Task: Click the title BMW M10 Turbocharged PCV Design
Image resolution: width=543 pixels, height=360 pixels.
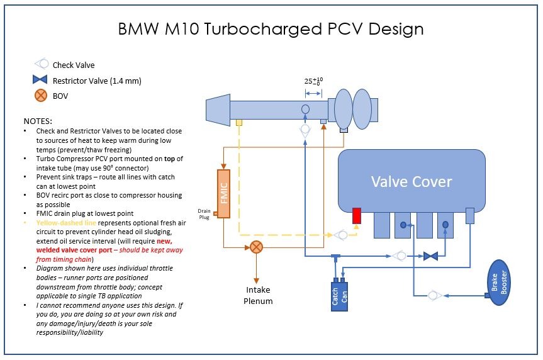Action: pos(271,29)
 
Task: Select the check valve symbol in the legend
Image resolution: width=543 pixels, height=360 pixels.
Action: pos(41,64)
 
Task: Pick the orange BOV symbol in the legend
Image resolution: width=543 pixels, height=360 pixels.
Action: pos(41,96)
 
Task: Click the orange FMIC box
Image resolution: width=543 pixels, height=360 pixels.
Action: pos(225,194)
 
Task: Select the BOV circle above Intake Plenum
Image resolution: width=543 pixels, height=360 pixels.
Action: pos(256,247)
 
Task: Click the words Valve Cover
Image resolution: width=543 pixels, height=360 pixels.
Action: pos(411,182)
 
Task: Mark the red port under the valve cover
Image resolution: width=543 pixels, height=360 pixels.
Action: pos(356,216)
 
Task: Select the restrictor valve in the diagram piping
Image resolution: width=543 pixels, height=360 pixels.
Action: pos(430,256)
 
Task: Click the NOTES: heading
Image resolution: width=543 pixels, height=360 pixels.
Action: pos(38,120)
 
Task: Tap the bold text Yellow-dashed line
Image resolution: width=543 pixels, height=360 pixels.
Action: pos(64,222)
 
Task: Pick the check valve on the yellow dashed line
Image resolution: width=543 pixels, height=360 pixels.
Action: pos(340,235)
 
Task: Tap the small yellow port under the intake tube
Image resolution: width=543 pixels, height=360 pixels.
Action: pos(238,122)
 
